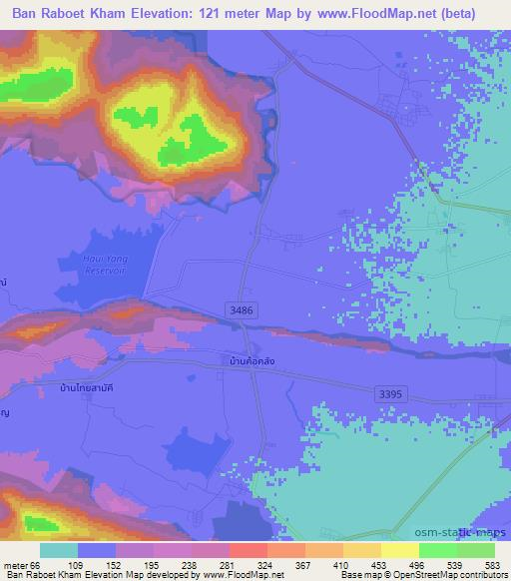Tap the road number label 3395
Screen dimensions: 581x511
(391, 394)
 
